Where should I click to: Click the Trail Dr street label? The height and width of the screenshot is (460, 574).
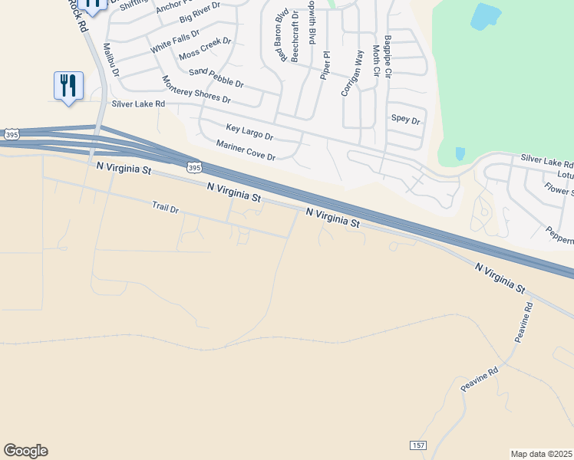point(165,206)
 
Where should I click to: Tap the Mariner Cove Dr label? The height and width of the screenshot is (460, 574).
point(246,150)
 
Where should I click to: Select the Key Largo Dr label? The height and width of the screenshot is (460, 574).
point(249,132)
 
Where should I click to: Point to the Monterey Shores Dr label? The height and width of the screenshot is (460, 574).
point(196,90)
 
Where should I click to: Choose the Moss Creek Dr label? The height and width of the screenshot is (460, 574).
point(205,48)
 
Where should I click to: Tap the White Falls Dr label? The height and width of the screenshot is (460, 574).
point(174,40)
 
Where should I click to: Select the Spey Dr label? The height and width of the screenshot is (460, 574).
point(406,120)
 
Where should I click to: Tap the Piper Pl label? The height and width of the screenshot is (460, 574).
point(325,65)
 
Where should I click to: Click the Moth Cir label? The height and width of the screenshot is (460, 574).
point(376,60)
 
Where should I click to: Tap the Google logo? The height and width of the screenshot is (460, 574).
point(25,451)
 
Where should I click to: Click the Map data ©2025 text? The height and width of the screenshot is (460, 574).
point(541,454)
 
